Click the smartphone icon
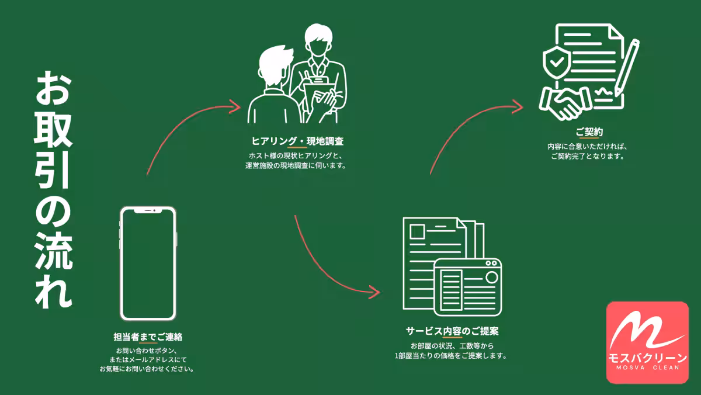point(148,263)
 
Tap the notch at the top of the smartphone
point(148,211)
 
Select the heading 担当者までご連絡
point(148,337)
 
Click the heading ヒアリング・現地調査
point(297,141)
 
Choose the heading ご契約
point(589,133)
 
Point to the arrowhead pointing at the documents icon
point(374,290)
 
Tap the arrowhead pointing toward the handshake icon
point(518,105)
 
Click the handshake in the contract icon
point(563,103)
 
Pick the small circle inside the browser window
point(491,276)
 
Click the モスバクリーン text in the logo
point(647,358)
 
